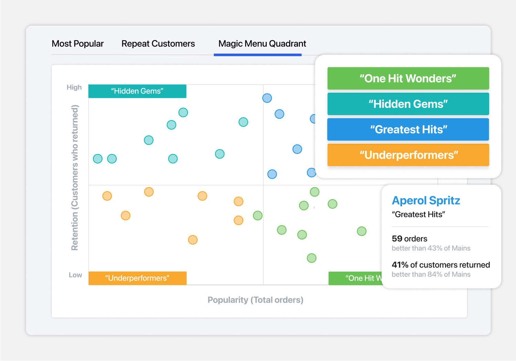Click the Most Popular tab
78,44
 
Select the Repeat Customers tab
158,44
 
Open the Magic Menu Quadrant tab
262,44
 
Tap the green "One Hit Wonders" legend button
408,78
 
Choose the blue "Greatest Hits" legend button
408,130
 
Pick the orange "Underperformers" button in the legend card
408,155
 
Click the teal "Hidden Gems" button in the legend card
408,104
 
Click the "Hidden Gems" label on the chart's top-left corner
137,91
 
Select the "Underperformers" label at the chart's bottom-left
137,278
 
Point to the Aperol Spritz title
426,201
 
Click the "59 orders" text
409,239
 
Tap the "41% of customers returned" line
441,265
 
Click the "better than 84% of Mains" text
431,274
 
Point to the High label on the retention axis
74,87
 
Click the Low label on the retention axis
75,275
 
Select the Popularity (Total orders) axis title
255,300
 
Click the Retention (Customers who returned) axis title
75,178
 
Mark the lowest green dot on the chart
312,258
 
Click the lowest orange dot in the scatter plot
193,240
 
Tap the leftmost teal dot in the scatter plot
98,159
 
